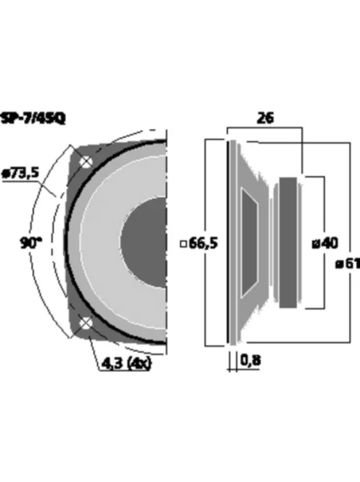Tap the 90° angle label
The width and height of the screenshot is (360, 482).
click(29, 242)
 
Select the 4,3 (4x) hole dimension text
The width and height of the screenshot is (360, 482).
click(125, 362)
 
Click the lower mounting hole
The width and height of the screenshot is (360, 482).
click(85, 323)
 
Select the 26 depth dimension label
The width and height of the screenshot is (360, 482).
click(265, 118)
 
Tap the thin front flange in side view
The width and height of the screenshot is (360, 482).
click(232, 242)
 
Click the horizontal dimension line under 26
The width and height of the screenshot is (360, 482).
click(265, 129)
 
